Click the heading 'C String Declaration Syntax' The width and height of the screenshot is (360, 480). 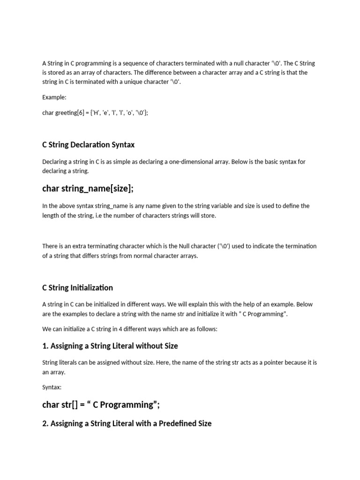88,144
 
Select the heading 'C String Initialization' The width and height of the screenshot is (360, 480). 77,287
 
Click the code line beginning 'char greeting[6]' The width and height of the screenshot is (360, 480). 95,113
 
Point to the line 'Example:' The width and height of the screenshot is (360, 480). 54,97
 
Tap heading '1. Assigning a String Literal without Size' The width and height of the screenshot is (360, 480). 110,346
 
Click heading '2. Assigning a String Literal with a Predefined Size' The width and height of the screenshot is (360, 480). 127,423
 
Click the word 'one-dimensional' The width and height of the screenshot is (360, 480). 201,162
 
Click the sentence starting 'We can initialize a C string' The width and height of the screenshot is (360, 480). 130,329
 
